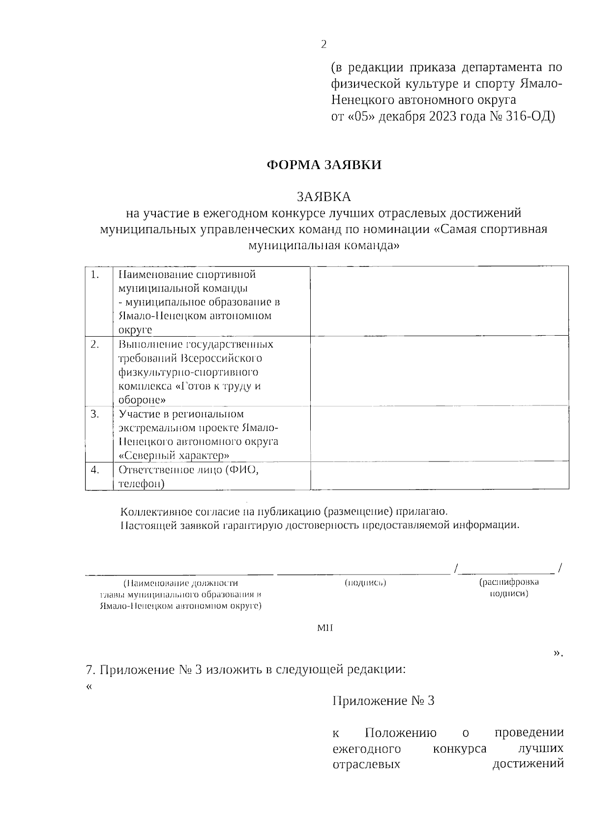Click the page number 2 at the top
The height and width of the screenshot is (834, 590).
coord(324,45)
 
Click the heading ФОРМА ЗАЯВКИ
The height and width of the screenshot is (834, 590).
coord(324,165)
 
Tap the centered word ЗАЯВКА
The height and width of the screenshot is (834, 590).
coord(324,197)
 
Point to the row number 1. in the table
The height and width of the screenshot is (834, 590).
coord(95,275)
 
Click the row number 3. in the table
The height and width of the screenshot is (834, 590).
coord(95,414)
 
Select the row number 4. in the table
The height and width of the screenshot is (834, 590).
coord(95,469)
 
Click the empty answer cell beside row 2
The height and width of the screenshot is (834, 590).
coord(439,371)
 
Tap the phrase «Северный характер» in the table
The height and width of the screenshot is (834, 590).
coord(174,456)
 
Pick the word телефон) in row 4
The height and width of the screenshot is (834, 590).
coord(142,484)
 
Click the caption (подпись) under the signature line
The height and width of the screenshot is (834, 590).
coord(364,583)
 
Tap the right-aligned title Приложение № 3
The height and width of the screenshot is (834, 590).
coord(383,701)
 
